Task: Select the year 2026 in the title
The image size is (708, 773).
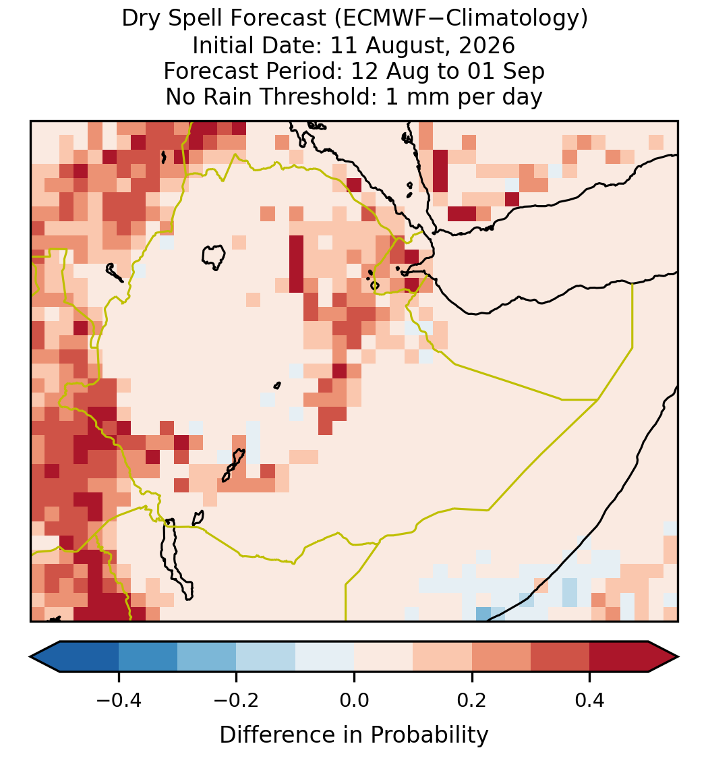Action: click(487, 45)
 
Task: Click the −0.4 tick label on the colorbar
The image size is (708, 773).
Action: click(119, 700)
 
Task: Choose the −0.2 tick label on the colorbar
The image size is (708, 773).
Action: click(237, 700)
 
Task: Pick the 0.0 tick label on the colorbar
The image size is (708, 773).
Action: click(354, 700)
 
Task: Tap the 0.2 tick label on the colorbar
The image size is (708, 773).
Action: click(472, 700)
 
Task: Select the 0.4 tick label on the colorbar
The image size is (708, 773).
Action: click(590, 700)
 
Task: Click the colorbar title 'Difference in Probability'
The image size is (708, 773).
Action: click(354, 735)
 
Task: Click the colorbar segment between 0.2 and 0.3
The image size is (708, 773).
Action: click(502, 657)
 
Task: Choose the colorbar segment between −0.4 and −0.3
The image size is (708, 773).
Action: click(148, 657)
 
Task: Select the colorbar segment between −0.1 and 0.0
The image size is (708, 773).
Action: click(325, 657)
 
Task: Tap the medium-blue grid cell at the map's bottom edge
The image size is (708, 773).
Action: click(483, 614)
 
